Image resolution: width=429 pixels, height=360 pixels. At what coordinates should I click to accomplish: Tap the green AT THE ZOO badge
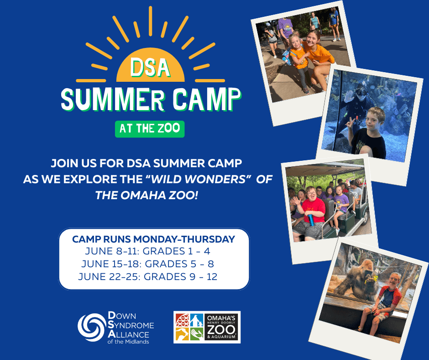(x=150, y=128)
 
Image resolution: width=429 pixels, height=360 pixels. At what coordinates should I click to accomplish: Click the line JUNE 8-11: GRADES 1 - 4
(x=147, y=251)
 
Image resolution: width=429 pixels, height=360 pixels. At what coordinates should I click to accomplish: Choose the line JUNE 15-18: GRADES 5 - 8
(x=147, y=264)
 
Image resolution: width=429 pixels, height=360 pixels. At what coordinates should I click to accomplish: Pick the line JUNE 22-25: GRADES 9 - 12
(x=147, y=276)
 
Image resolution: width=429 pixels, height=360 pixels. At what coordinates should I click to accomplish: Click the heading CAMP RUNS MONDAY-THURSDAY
(x=153, y=239)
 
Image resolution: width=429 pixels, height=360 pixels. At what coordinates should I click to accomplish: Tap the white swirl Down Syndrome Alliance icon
(x=91, y=327)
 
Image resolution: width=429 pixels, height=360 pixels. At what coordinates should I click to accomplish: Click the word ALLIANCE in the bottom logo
(x=132, y=334)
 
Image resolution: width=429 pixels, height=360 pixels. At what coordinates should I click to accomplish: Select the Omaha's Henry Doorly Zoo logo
(x=207, y=327)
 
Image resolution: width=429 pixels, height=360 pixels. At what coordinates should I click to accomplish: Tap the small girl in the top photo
(x=297, y=57)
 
